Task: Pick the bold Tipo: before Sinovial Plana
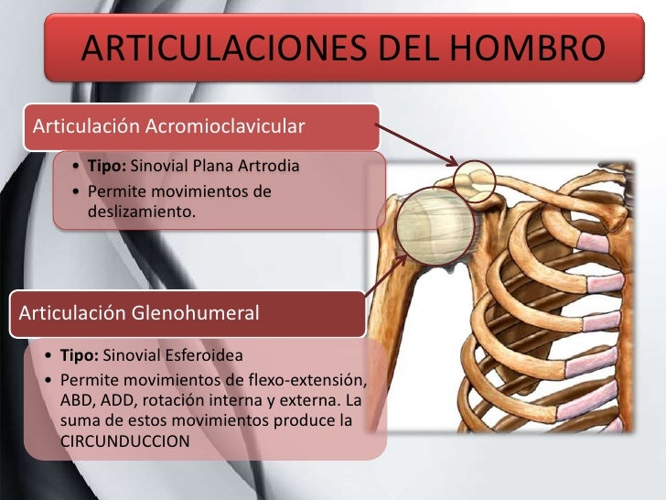[108, 167]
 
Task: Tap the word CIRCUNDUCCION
[124, 440]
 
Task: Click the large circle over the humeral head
[437, 224]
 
